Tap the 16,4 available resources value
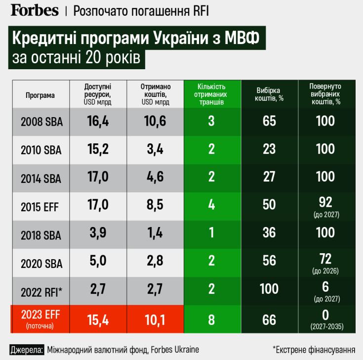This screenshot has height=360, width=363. tap(98, 122)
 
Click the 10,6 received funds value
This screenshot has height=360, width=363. tap(155, 122)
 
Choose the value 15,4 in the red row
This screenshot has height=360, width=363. tap(98, 319)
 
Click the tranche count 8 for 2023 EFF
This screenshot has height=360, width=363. tap(211, 319)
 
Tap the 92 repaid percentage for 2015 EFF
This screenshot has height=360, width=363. tap(325, 203)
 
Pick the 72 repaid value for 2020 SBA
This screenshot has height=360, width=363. tap(325, 259)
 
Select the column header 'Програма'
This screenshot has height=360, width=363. tap(40, 95)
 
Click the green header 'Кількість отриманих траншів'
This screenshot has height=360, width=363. tap(211, 94)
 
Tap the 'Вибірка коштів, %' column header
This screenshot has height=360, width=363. tap(269, 94)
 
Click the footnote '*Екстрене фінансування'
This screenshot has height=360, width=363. tap(314, 349)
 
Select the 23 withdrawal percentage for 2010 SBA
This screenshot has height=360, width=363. tap(269, 150)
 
